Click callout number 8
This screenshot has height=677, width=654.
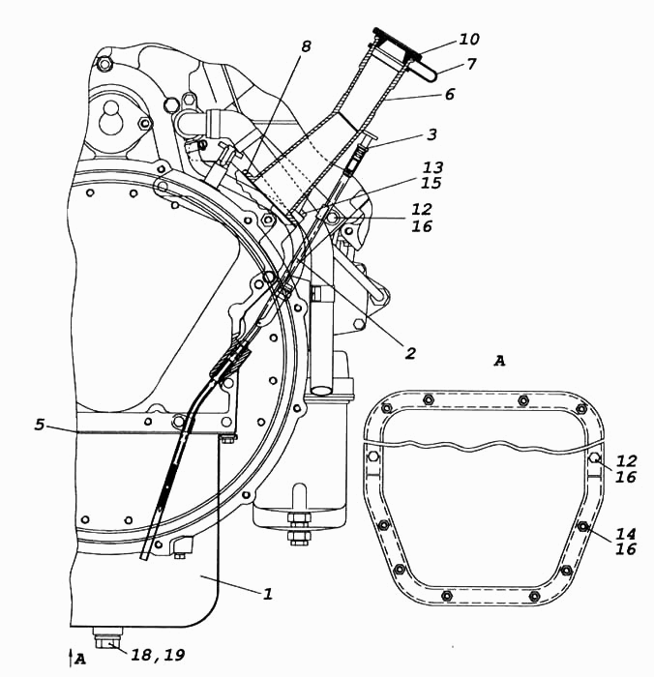click(x=306, y=46)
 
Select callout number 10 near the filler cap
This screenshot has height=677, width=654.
click(x=469, y=40)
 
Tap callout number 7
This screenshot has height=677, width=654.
click(x=471, y=64)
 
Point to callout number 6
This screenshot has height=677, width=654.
click(x=450, y=94)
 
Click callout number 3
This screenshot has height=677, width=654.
click(x=431, y=134)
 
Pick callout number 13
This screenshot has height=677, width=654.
click(x=432, y=167)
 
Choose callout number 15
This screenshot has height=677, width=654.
click(x=431, y=183)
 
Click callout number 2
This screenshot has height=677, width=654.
click(x=410, y=353)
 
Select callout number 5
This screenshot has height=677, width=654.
click(x=40, y=425)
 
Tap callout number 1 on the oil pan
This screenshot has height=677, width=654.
click(x=268, y=594)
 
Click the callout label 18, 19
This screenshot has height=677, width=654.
click(x=158, y=656)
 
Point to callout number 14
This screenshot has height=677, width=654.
click(x=626, y=535)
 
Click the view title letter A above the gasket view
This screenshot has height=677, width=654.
click(x=499, y=361)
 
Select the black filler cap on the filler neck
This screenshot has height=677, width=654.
click(x=396, y=43)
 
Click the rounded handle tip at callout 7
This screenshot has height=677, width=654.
click(x=431, y=74)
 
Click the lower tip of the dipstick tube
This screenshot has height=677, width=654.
click(x=144, y=557)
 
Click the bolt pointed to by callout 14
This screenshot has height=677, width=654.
click(x=582, y=526)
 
